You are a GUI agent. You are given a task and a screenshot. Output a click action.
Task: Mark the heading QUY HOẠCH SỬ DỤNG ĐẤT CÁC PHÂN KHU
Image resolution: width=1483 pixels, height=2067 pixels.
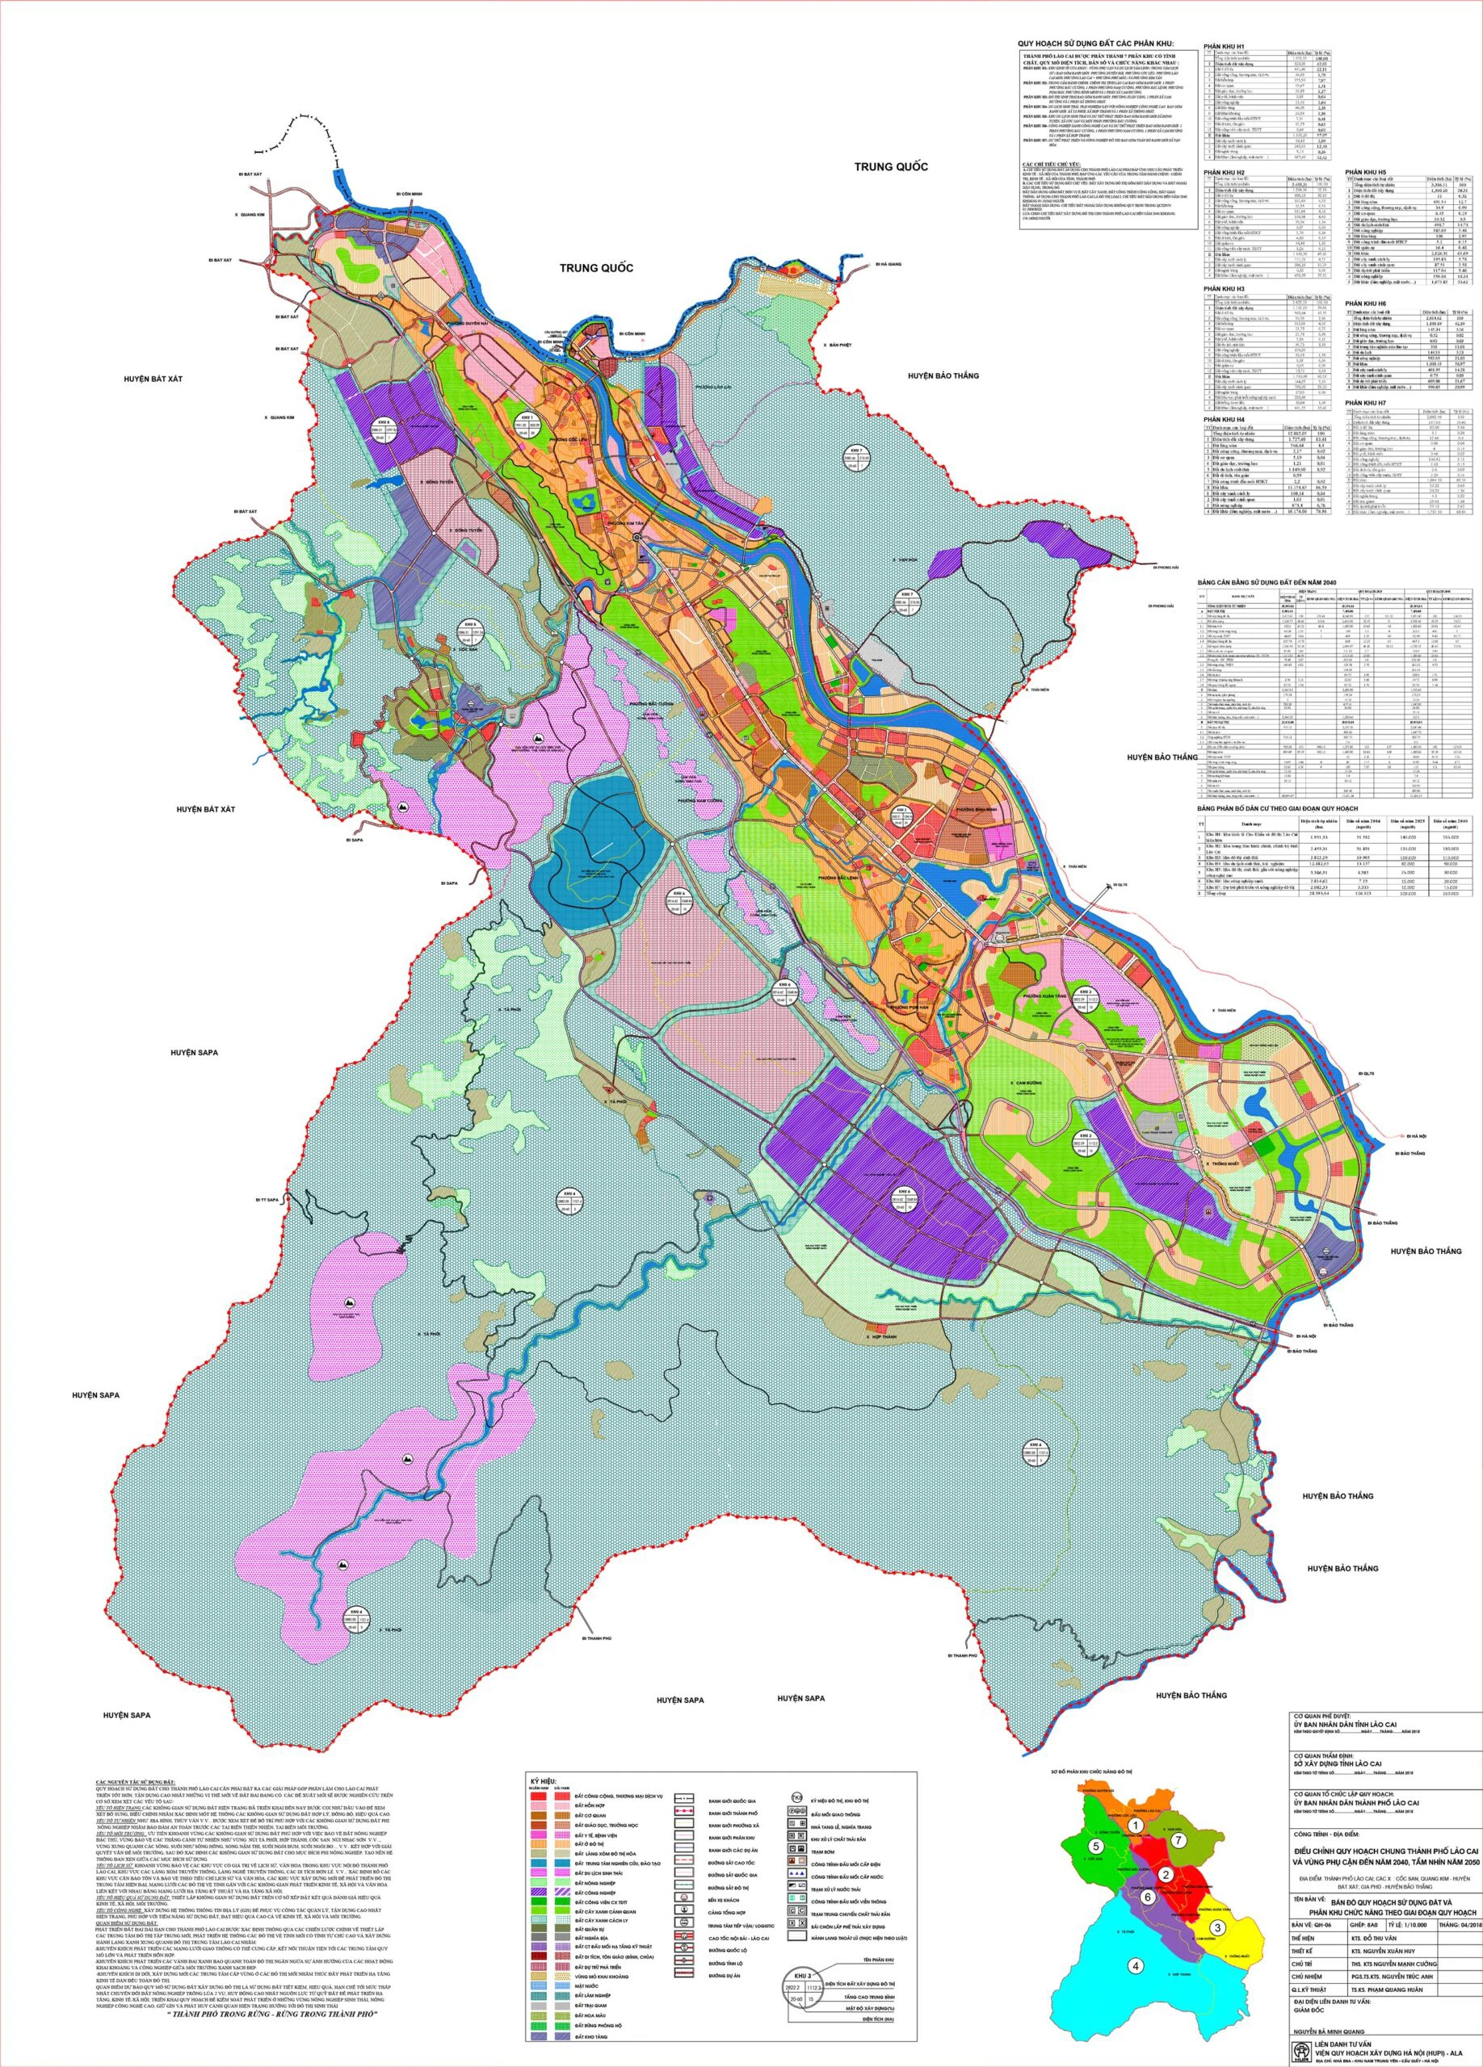tap(1098, 43)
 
